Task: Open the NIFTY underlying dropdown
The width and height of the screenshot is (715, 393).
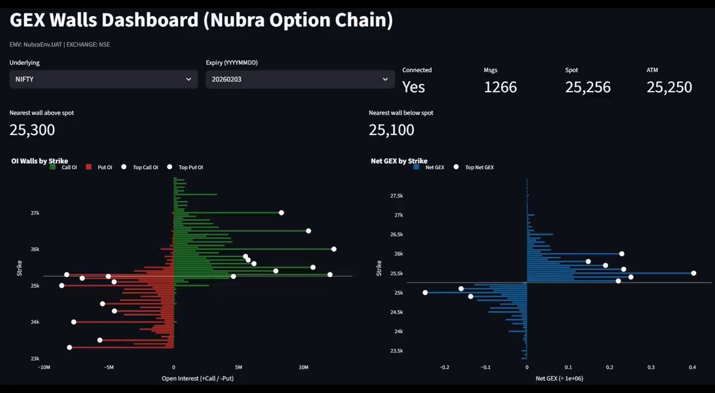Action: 104,79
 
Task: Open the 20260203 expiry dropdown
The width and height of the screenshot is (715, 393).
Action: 300,79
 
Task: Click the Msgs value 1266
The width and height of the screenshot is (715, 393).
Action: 500,87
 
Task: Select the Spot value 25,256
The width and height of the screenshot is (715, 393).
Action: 587,87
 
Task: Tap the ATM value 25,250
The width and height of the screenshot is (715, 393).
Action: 669,87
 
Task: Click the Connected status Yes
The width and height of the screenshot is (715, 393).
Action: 414,87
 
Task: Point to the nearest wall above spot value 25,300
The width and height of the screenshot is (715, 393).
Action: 32,130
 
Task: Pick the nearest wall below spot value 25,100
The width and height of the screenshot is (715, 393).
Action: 391,130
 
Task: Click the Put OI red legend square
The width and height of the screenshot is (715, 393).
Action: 89,167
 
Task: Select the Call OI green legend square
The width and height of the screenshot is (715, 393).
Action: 52,167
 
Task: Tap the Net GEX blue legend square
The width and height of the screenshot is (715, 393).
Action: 416,167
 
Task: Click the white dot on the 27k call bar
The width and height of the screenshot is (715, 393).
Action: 281,213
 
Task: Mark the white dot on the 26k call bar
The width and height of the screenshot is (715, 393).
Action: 334,249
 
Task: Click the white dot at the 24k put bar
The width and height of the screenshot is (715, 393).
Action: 74,322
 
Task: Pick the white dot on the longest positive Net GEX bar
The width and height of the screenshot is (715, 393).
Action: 694,273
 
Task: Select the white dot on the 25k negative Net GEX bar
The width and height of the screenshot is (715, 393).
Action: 425,292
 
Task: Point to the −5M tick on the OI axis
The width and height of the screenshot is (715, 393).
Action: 108,367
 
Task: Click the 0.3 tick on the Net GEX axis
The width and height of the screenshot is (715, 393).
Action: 651,367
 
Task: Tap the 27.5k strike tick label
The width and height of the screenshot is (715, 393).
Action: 396,196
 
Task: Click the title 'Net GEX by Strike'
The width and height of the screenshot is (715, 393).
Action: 399,161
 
